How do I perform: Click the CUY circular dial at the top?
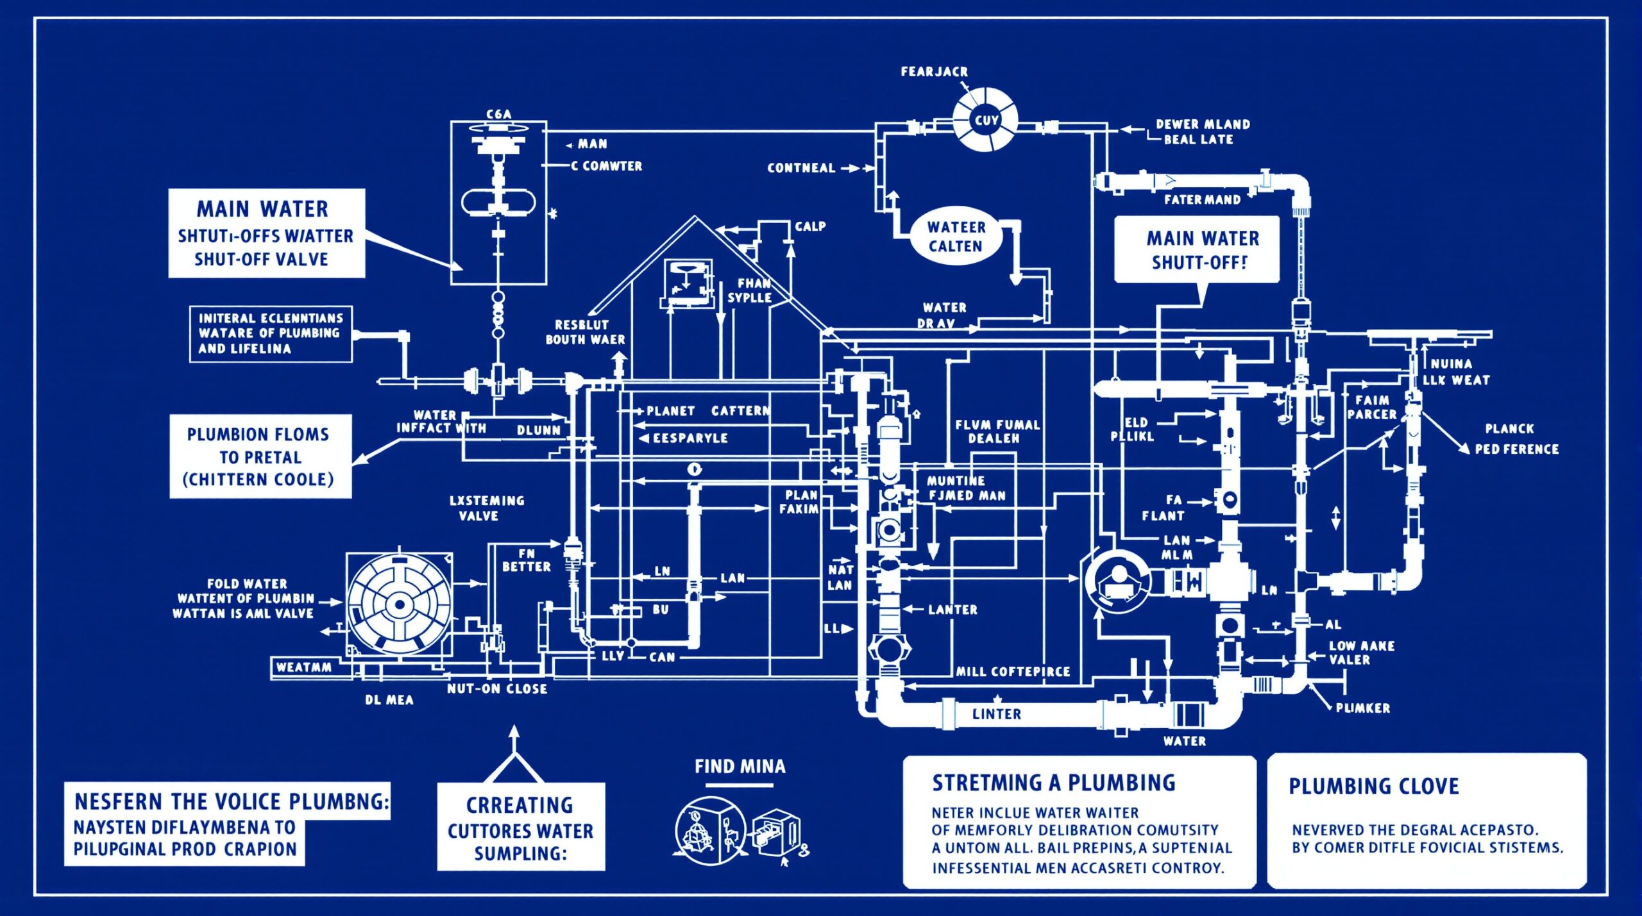tap(985, 120)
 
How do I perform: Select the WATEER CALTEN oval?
tap(956, 237)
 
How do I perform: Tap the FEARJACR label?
tap(934, 72)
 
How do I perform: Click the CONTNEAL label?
tap(801, 168)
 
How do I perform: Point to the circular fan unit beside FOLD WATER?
tap(399, 604)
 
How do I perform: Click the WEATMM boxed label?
tap(303, 667)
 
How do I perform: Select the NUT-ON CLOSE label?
tap(497, 689)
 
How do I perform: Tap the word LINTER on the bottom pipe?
tap(996, 714)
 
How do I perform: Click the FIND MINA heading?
tap(740, 767)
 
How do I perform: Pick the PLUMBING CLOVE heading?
tap(1373, 787)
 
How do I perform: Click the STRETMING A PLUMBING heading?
tap(1053, 783)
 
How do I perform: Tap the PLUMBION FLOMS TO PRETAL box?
tap(260, 456)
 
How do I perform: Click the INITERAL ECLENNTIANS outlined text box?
tap(270, 334)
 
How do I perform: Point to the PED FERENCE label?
tap(1516, 449)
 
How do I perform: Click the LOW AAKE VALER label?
tap(1361, 653)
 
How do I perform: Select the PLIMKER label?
tap(1362, 708)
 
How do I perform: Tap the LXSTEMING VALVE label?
tap(486, 508)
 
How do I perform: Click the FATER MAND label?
tap(1202, 200)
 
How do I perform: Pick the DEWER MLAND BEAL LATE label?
tap(1202, 131)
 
